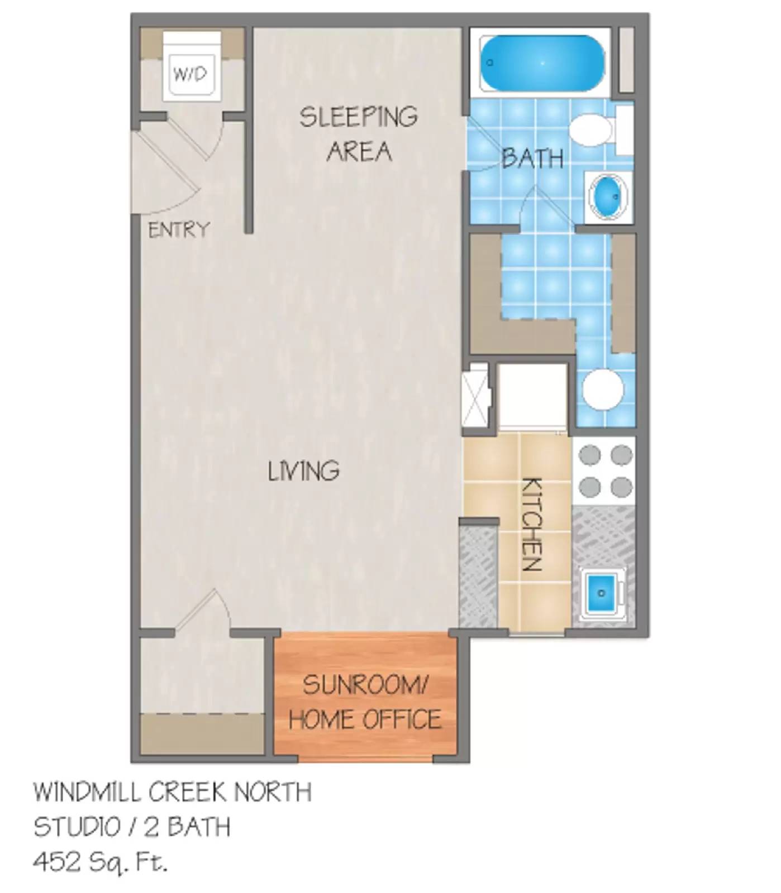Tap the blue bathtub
542,63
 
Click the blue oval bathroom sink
607,196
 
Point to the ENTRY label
178,230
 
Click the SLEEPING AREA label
359,134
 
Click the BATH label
532,159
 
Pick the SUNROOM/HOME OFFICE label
365,702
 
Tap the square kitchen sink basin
602,592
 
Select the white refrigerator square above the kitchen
532,397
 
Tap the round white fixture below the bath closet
603,389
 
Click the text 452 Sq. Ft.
101,863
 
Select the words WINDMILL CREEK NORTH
173,793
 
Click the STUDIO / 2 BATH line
132,827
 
